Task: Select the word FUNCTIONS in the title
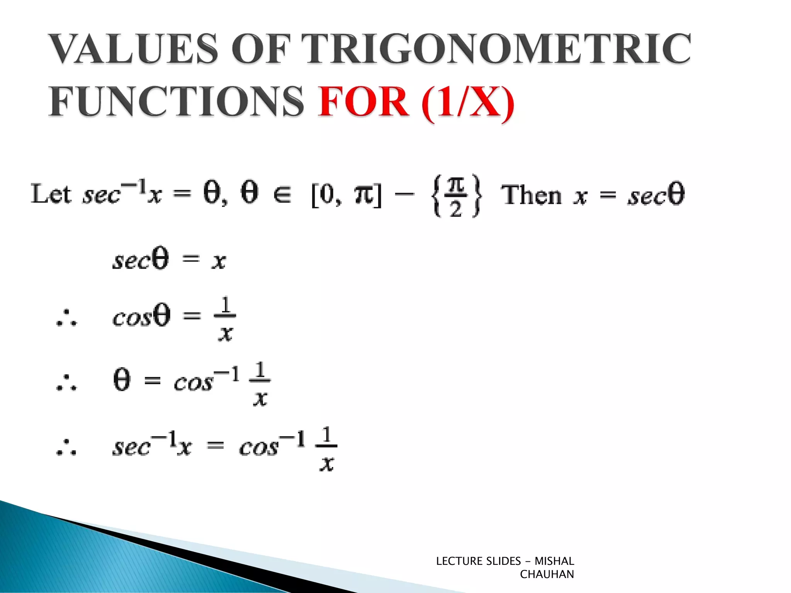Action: (176, 101)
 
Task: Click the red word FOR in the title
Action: (363, 101)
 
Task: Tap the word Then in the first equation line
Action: (531, 195)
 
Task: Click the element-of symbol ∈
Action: (282, 195)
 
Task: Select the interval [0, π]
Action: (346, 195)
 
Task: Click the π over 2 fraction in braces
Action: (456, 196)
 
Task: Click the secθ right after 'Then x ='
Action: (656, 195)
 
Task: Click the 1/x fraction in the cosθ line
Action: (225, 319)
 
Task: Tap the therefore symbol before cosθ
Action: (66, 318)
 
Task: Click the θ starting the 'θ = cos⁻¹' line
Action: (122, 380)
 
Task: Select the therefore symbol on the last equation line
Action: (66, 448)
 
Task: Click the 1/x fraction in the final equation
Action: (326, 449)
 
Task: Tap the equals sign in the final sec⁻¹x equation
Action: (216, 446)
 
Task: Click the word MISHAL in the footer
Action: (554, 561)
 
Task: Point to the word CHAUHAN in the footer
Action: (547, 574)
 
